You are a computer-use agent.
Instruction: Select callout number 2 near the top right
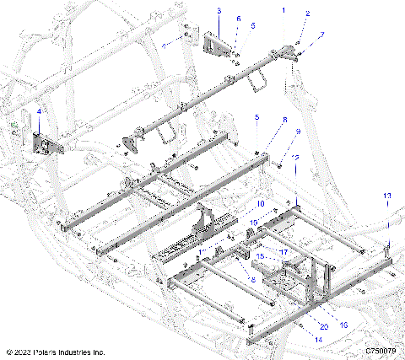click(307, 14)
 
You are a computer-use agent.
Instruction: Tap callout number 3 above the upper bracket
click(219, 11)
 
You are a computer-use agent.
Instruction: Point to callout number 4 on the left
click(38, 111)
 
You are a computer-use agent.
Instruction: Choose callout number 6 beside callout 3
click(238, 19)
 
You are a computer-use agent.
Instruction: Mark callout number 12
click(295, 156)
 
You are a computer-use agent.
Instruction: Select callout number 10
click(261, 204)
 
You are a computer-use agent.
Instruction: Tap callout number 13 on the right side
click(386, 196)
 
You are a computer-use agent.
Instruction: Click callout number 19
click(254, 222)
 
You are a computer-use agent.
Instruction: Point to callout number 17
click(283, 250)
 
